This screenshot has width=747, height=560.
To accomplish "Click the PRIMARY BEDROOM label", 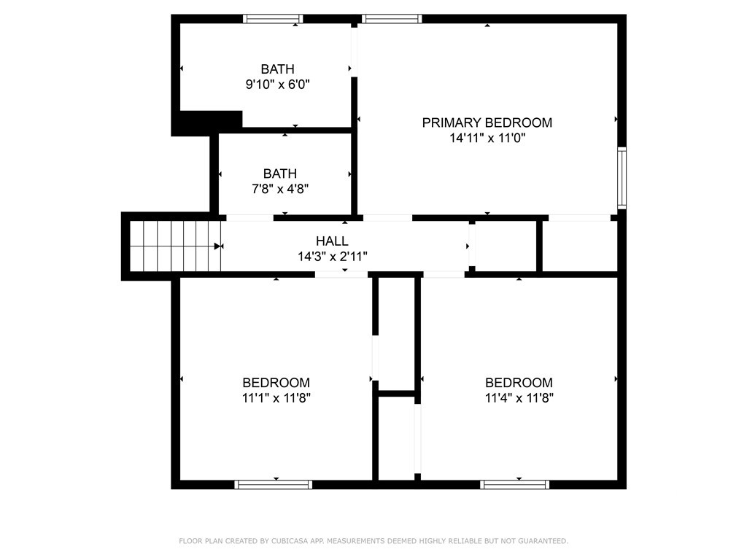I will click(487, 122).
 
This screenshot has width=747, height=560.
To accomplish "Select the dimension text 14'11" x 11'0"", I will click(487, 138).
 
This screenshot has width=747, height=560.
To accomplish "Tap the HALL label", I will click(332, 241).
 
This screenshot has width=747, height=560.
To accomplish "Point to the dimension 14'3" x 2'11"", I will click(332, 257).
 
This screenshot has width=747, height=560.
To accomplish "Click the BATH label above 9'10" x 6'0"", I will click(278, 69).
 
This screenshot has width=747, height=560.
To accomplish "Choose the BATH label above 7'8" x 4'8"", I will click(280, 174).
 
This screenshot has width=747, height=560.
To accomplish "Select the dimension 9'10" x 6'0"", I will click(278, 85).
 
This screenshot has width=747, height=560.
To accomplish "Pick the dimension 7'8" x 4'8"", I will click(280, 189).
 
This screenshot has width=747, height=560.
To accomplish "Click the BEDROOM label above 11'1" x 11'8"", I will click(276, 383).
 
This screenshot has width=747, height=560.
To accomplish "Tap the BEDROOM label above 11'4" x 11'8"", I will click(519, 383).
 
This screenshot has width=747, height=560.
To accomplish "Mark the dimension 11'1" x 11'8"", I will click(276, 398).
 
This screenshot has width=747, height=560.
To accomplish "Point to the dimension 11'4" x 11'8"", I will click(519, 398).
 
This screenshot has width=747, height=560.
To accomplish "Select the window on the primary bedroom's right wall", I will click(622, 178).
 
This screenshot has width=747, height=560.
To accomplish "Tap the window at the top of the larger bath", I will click(273, 19).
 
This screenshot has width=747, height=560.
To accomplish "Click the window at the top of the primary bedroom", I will click(391, 19).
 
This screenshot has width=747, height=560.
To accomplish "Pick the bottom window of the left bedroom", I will click(274, 484).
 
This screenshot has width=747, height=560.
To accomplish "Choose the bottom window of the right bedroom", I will click(515, 484).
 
